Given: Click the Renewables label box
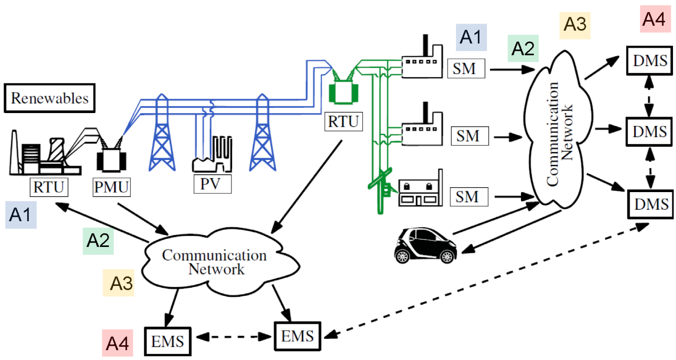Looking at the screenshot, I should tap(50, 98).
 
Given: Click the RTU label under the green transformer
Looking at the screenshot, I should tap(343, 121).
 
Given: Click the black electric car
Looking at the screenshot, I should tap(425, 245).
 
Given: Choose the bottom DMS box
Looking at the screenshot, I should tap(648, 203).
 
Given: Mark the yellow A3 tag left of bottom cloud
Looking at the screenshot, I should tap(118, 283).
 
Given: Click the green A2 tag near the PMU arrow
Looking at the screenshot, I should tap(98, 240).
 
